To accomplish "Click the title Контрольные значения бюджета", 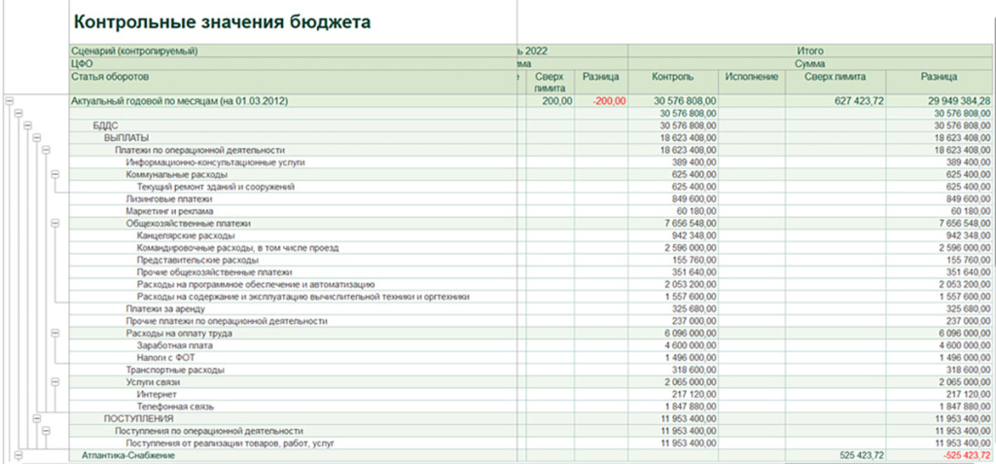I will pos(222,21).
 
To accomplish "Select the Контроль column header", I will pos(674,76).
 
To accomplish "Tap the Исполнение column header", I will pos(751,76).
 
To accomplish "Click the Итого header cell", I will pos(810,50).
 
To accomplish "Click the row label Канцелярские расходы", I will pos(185,235).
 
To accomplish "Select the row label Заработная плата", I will pos(175,345).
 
